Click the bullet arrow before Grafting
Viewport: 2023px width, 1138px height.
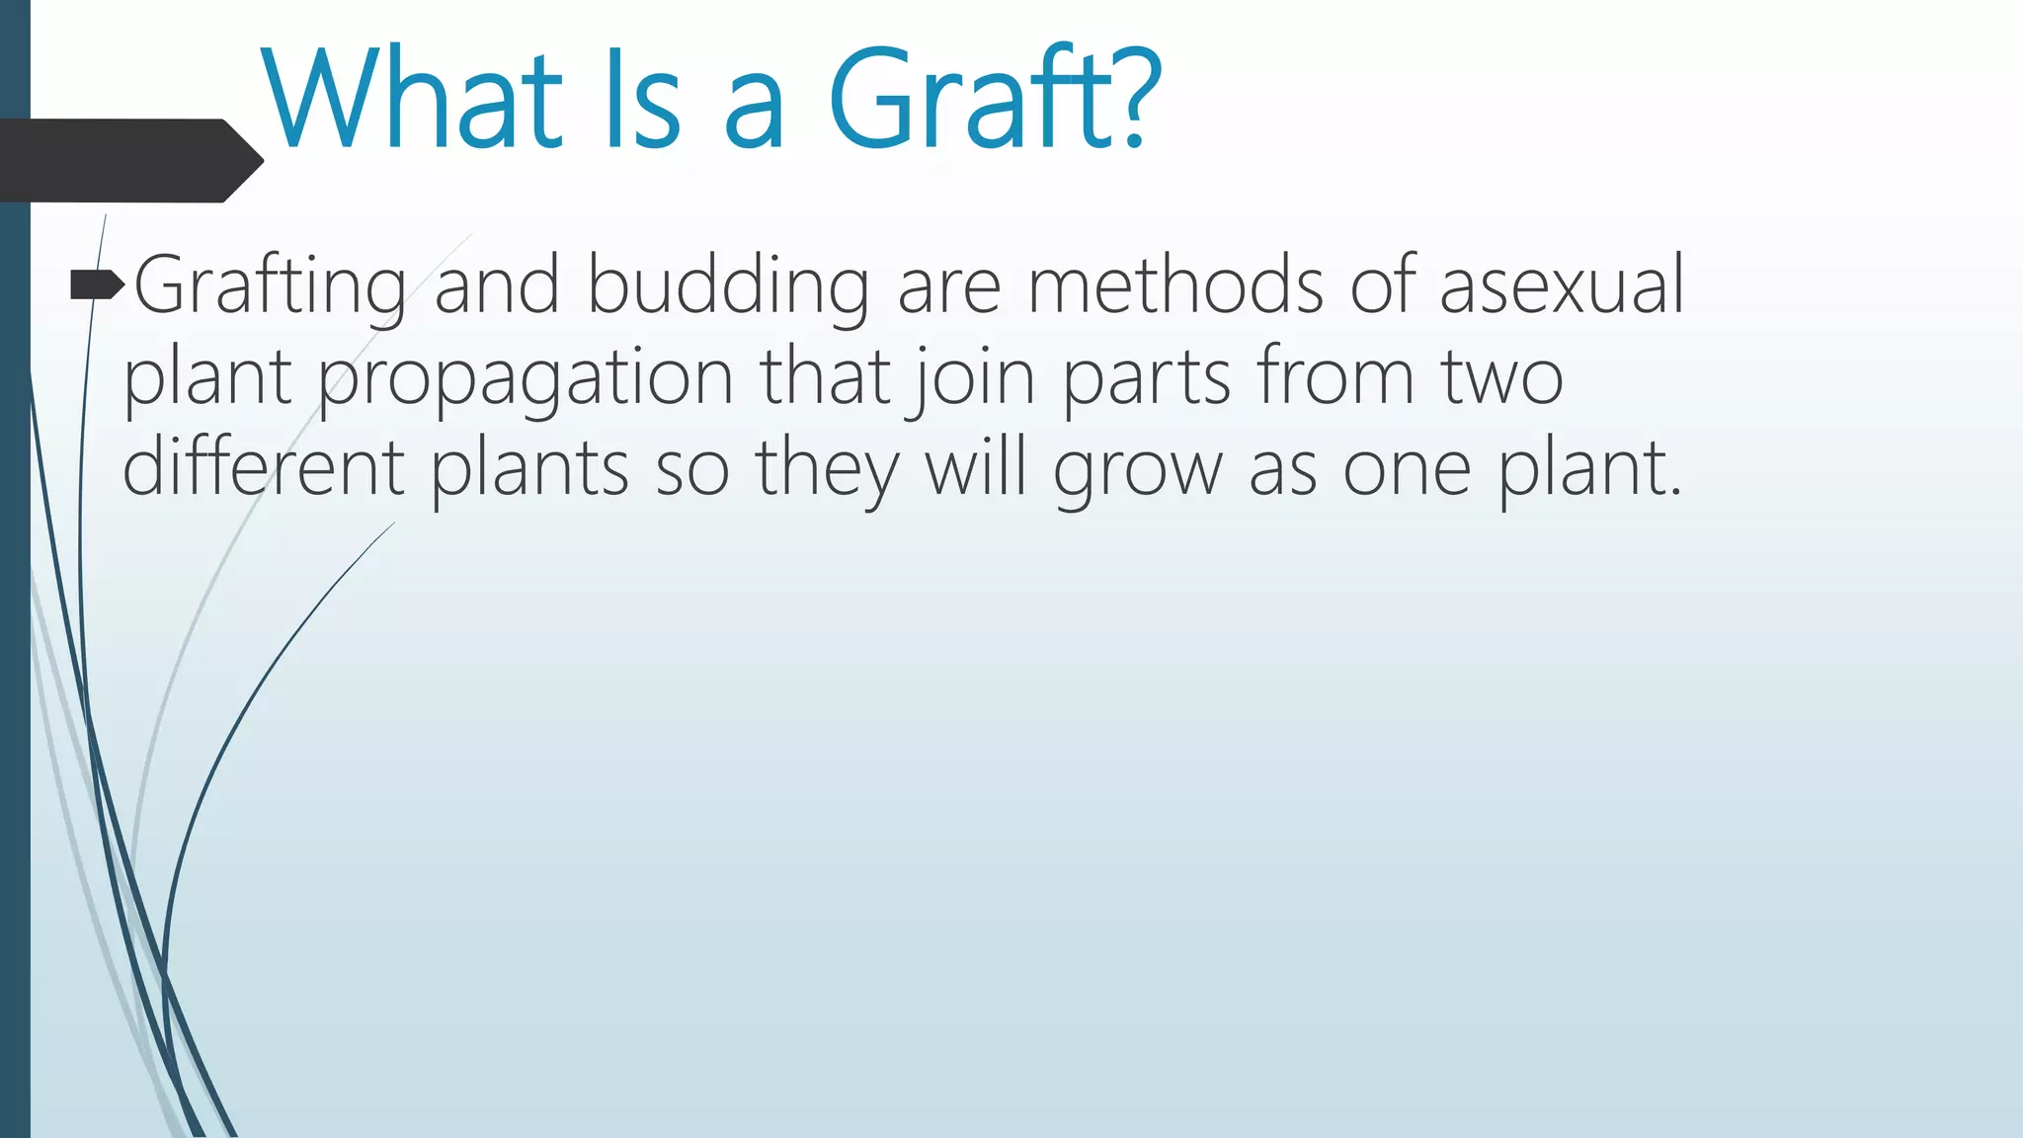[97, 286]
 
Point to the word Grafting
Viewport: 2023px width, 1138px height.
[270, 286]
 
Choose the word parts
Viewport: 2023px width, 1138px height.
[1147, 379]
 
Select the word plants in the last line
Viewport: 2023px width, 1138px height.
[529, 469]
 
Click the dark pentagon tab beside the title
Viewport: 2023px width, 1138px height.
[128, 161]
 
